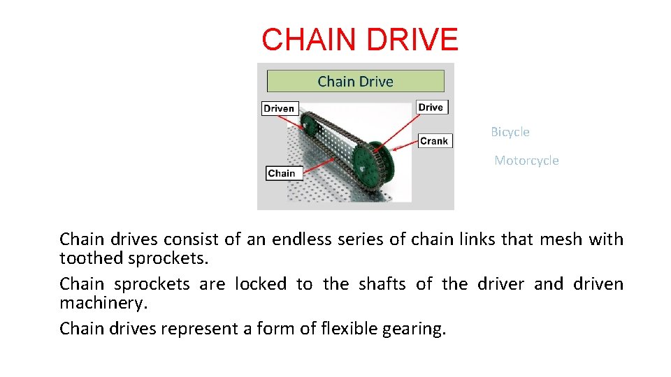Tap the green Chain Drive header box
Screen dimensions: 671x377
point(355,81)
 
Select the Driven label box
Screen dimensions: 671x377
point(279,108)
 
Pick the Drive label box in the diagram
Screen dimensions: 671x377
point(431,107)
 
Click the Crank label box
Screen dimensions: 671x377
point(433,141)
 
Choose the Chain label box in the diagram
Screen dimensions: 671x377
point(282,173)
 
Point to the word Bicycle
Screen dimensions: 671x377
point(510,132)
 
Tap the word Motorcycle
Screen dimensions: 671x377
point(526,161)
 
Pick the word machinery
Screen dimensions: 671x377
point(103,304)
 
